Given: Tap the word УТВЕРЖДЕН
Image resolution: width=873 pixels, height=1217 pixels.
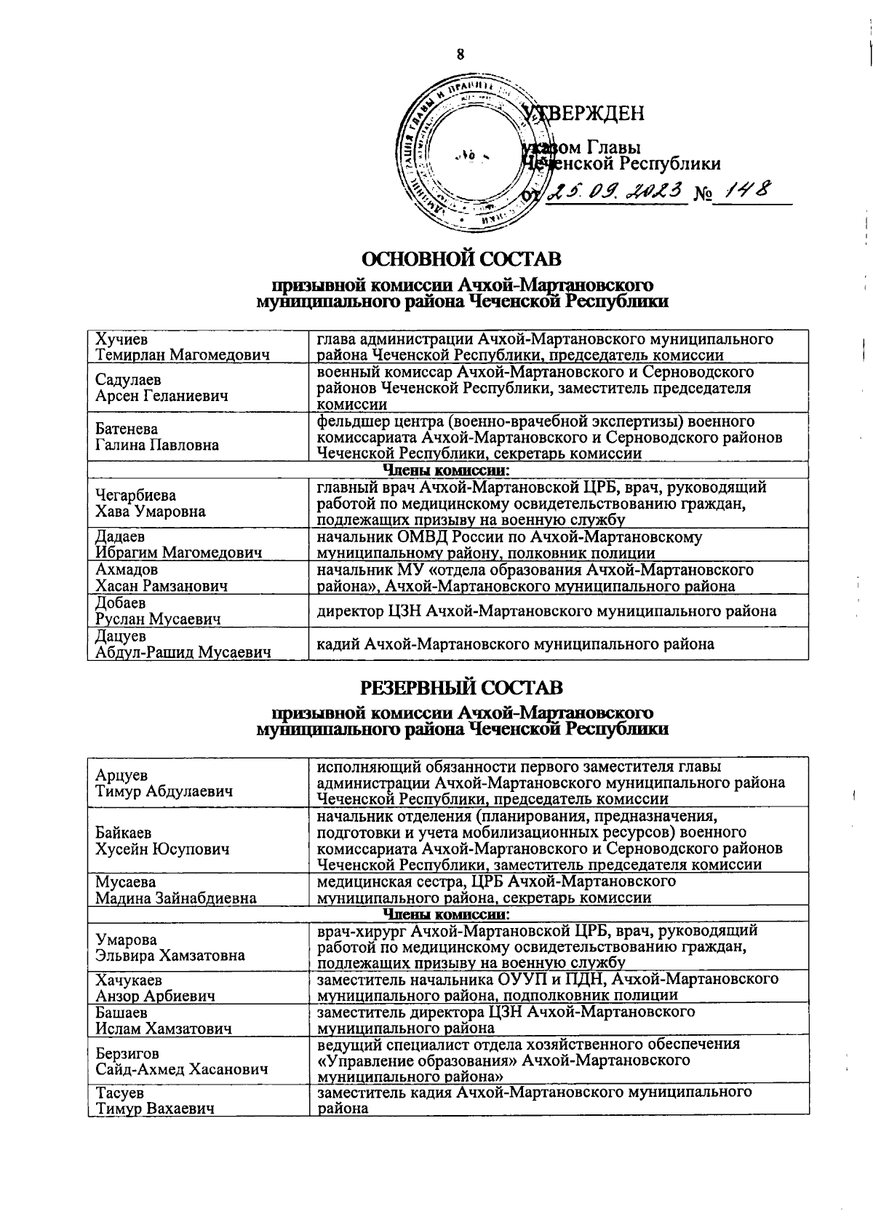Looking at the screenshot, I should [x=588, y=114].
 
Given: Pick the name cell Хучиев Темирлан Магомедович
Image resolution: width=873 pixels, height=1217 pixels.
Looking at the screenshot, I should [x=183, y=347].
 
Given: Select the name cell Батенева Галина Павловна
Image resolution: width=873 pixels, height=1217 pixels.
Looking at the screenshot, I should [x=157, y=437].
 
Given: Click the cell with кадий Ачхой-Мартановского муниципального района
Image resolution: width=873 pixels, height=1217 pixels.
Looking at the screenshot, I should [x=515, y=643].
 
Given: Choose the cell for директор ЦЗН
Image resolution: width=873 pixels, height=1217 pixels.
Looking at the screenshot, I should [x=546, y=611].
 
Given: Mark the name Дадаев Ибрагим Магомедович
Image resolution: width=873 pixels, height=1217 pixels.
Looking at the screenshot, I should [x=178, y=545].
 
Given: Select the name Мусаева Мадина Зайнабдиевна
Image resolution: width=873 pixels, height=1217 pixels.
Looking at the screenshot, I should [x=176, y=889].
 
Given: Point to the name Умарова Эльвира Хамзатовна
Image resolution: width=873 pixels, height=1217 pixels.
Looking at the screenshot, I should [x=170, y=947].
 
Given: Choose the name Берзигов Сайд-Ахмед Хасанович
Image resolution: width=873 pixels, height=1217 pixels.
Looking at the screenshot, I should [x=181, y=1061].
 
